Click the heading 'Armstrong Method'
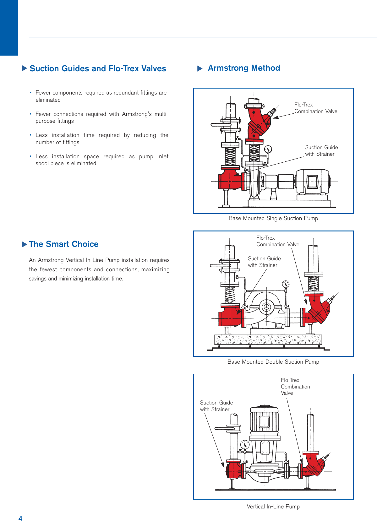tap(244, 68)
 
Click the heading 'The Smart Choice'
tap(63, 244)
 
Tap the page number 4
tap(20, 518)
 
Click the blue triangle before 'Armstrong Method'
tap(200, 69)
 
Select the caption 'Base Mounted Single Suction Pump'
tap(273, 218)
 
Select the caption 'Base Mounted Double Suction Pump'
tap(273, 362)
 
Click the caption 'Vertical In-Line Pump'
tap(273, 507)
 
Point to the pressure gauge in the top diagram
tap(268, 149)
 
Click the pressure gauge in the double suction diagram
tap(286, 284)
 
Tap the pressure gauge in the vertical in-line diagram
tap(245, 444)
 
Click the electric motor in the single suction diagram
tap(313, 182)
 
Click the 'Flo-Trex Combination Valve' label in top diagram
tap(315, 108)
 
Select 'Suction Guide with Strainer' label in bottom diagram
tap(216, 406)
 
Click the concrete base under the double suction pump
tap(268, 339)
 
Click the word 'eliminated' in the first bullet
tap(48, 100)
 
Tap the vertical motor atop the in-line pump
tap(264, 421)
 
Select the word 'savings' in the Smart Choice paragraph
tap(37, 279)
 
